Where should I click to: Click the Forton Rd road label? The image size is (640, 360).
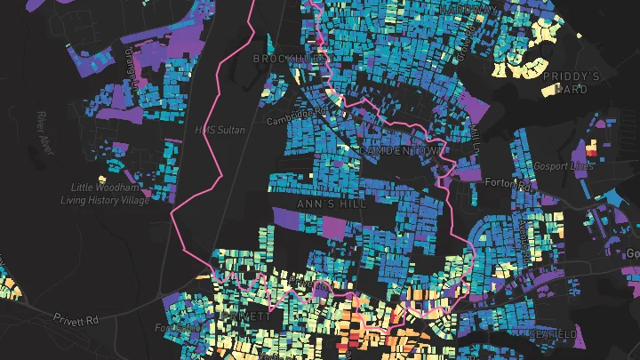point(508,183)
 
